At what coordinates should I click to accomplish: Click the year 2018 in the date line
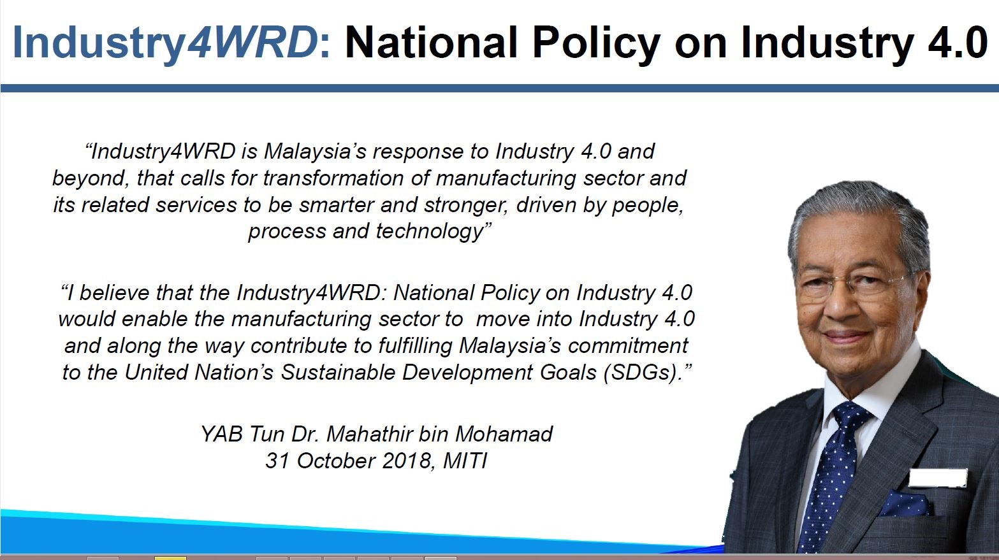[406, 461]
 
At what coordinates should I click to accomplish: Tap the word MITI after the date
[465, 461]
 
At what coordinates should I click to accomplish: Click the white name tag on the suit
[938, 478]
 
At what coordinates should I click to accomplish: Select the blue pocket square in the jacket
[905, 504]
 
